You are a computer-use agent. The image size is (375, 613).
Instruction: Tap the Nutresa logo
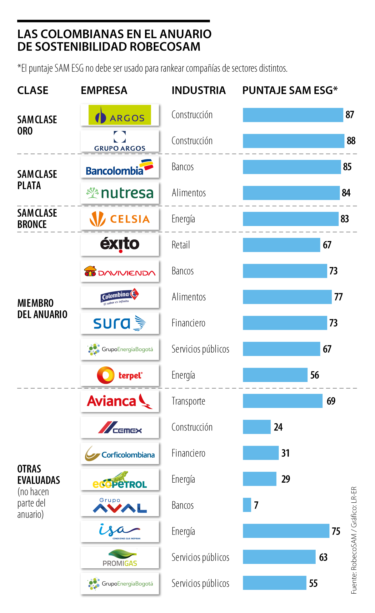click(120, 193)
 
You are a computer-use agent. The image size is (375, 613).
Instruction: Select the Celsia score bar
click(291, 219)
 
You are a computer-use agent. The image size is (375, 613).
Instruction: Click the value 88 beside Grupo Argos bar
click(351, 141)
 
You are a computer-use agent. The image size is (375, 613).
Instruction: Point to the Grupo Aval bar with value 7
click(247, 505)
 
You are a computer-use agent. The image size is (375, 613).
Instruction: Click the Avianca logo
click(120, 401)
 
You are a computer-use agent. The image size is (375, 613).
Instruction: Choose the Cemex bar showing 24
click(257, 427)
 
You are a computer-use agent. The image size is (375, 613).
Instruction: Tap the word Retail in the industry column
click(181, 245)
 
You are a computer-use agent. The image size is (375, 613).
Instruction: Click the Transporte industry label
click(188, 401)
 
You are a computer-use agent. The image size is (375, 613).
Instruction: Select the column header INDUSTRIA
click(198, 90)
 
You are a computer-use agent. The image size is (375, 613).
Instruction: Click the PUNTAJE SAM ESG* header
click(290, 90)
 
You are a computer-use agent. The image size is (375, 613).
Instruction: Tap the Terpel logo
click(120, 375)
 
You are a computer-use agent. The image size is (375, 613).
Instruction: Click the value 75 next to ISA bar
click(336, 531)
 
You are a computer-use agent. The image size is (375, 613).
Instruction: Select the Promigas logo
click(120, 558)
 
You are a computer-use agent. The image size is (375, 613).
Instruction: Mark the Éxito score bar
click(281, 245)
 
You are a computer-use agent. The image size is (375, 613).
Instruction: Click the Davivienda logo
click(120, 271)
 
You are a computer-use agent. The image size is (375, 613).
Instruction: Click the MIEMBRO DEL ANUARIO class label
click(42, 309)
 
